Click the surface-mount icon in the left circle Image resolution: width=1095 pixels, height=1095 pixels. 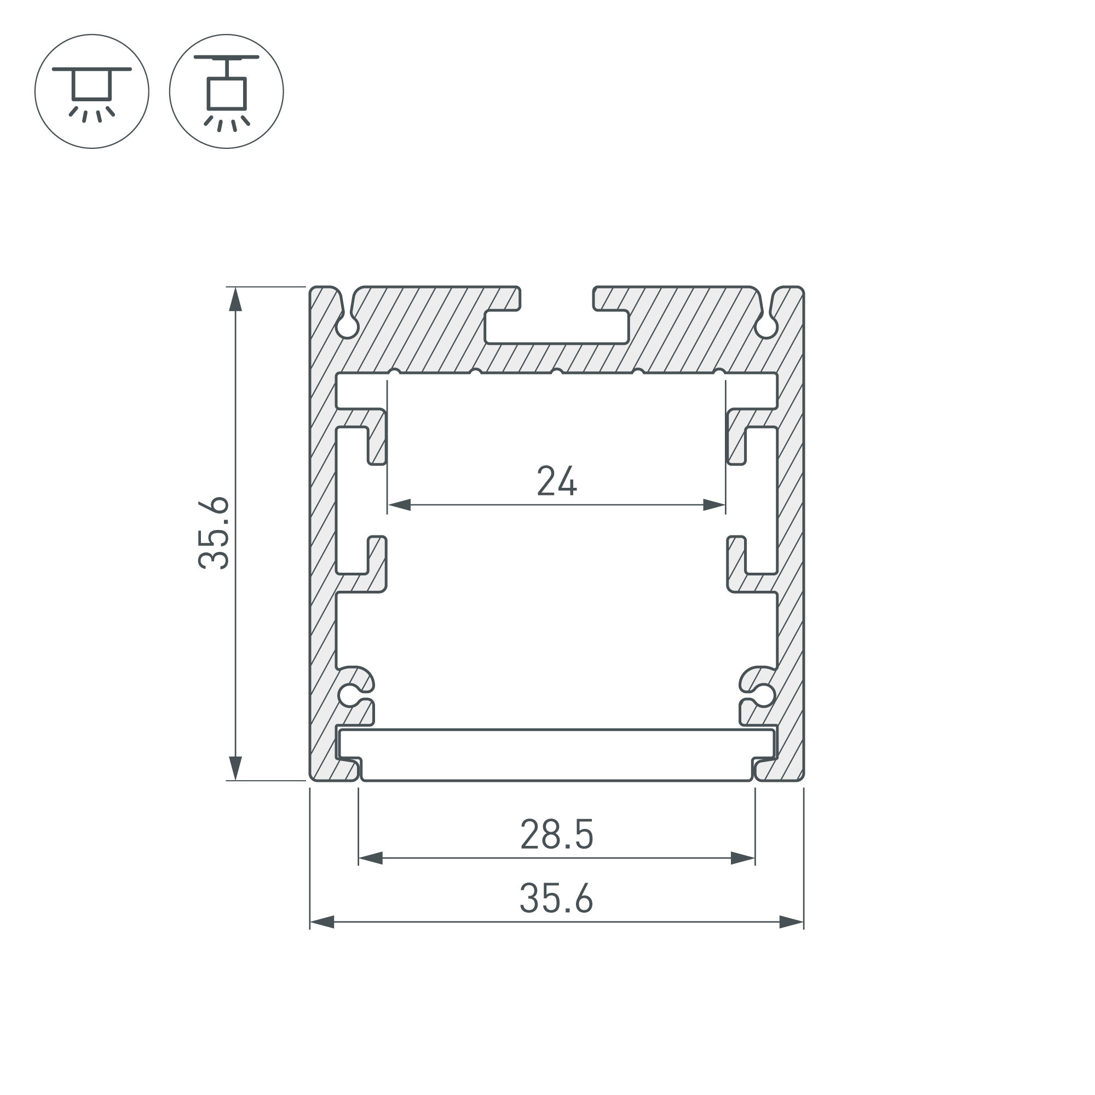92,91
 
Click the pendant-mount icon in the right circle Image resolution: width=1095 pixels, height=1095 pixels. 226,91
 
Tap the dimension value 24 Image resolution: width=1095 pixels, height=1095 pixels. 557,481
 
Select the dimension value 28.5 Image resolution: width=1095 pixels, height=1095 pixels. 557,834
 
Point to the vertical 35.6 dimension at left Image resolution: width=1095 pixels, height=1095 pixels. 214,533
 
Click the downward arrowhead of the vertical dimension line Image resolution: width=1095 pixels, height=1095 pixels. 235,769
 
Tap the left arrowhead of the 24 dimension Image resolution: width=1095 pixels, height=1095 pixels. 399,504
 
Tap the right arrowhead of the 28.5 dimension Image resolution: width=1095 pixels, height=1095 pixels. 743,858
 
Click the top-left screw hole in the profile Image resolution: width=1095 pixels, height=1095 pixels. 348,327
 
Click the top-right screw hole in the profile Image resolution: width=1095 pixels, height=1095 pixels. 766,327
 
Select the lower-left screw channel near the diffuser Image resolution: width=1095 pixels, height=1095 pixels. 350,695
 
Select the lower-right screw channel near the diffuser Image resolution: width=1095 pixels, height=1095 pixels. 763,695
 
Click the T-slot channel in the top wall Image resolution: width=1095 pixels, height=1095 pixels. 557,327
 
